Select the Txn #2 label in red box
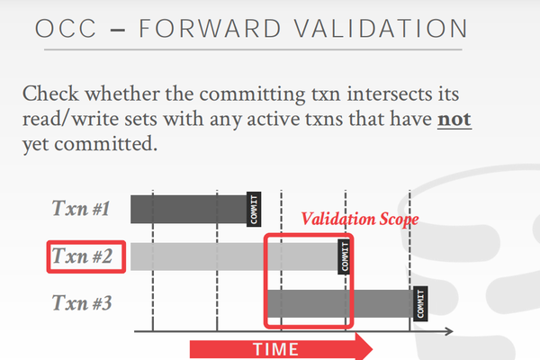(x=81, y=256)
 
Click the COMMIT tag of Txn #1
(x=253, y=209)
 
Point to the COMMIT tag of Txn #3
(x=420, y=304)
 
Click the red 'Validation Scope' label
(x=360, y=220)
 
